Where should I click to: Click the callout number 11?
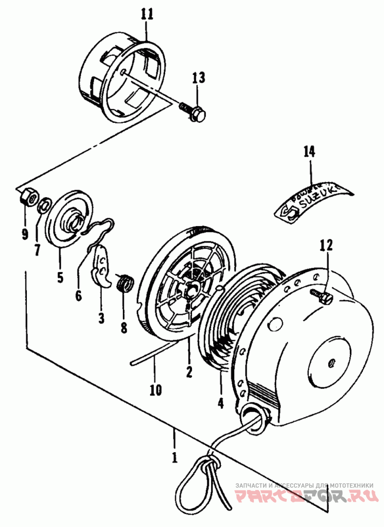[x=147, y=13]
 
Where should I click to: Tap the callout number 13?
[x=199, y=78]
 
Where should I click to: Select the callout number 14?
[x=309, y=152]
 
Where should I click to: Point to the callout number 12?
[x=326, y=246]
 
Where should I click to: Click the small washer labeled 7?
[x=44, y=204]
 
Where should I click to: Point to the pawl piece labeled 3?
[x=102, y=265]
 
